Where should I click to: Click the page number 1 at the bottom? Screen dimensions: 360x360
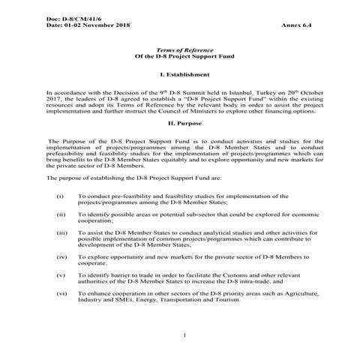tap(183, 335)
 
